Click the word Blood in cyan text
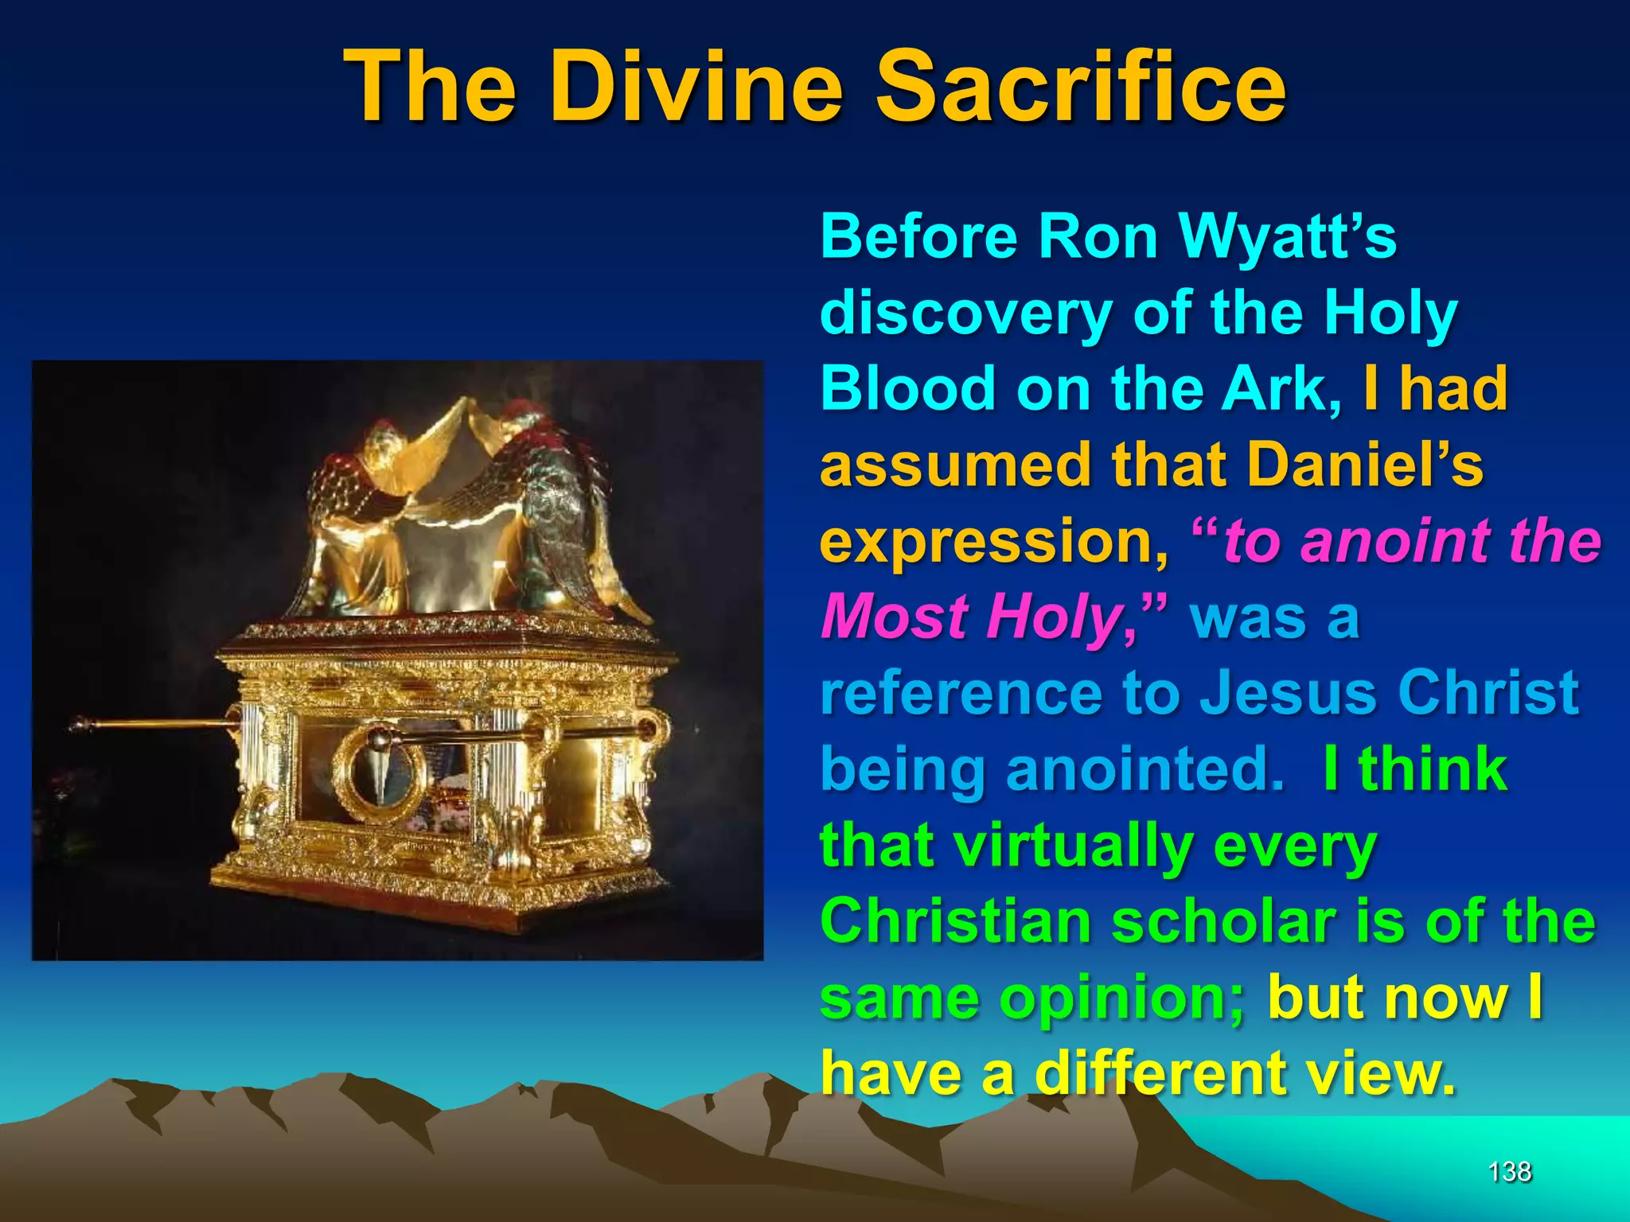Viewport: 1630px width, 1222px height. pos(907,388)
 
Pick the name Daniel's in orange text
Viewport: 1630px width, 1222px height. pos(1365,465)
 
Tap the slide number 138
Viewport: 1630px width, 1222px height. pos(1509,1171)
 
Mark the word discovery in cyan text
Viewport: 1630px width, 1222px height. pos(966,313)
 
